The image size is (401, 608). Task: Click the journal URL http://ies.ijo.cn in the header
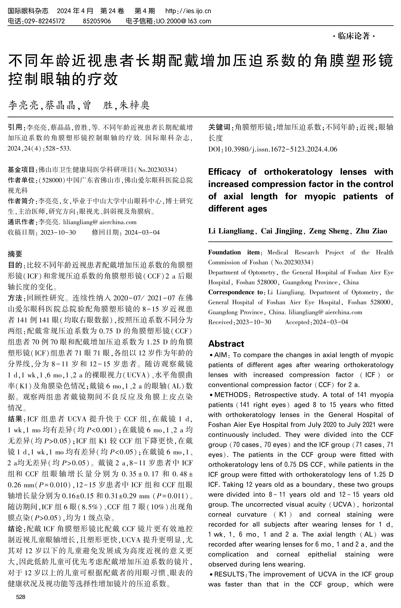[x=188, y=11]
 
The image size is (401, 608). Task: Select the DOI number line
[x=273, y=149]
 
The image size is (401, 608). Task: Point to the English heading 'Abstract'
[x=226, y=344]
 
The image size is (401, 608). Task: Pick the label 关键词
[x=219, y=127]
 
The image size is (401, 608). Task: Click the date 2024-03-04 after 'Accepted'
[x=330, y=322]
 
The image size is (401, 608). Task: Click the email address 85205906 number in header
[x=97, y=21]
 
